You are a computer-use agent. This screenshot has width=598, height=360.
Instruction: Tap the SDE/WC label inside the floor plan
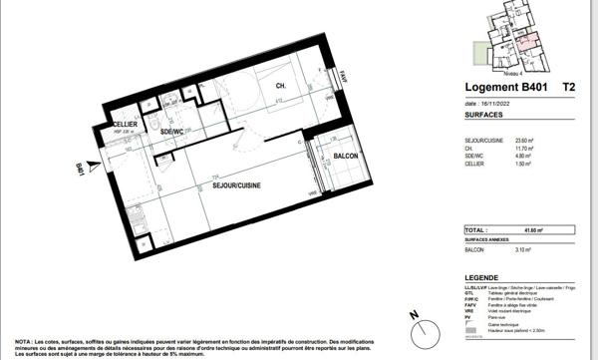click(x=173, y=132)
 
